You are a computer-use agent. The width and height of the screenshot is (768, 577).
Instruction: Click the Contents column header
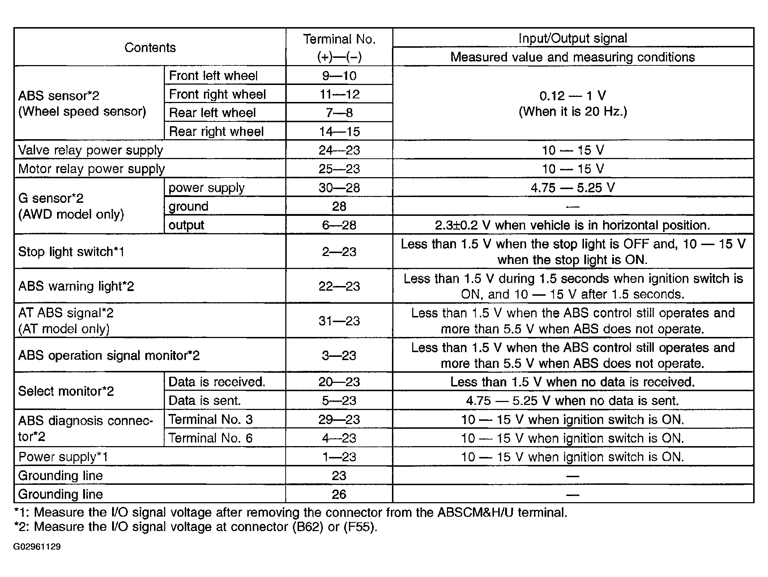coord(150,47)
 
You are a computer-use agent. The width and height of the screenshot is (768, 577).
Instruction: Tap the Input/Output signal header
coord(573,38)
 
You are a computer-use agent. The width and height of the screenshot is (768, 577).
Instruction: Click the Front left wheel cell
coord(213,76)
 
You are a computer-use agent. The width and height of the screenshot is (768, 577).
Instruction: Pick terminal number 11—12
coord(339,94)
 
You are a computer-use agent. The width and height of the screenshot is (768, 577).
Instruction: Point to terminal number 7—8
coord(339,113)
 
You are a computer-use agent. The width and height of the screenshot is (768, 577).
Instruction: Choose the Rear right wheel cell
coord(216,131)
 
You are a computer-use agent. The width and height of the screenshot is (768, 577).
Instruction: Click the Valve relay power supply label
coord(90,150)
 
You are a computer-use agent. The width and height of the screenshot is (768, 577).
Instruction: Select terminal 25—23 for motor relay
coord(339,169)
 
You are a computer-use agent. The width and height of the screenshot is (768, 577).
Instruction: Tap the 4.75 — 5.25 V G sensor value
coord(573,188)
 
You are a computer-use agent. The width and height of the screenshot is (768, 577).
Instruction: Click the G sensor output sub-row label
coord(186,225)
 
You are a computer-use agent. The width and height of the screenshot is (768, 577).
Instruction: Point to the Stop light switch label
coord(71,251)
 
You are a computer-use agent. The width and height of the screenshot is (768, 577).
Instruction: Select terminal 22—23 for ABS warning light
coord(339,286)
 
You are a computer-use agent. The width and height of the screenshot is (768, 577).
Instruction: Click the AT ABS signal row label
coord(66,320)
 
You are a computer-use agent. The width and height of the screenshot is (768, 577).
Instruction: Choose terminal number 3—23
coord(339,355)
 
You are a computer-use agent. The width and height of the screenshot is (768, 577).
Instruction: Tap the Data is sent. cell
coord(204,400)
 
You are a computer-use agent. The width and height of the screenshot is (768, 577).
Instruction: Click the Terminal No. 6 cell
coord(210,438)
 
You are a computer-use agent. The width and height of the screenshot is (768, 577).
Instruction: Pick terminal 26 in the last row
coord(339,494)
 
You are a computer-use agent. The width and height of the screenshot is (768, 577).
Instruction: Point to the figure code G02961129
coord(37,546)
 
